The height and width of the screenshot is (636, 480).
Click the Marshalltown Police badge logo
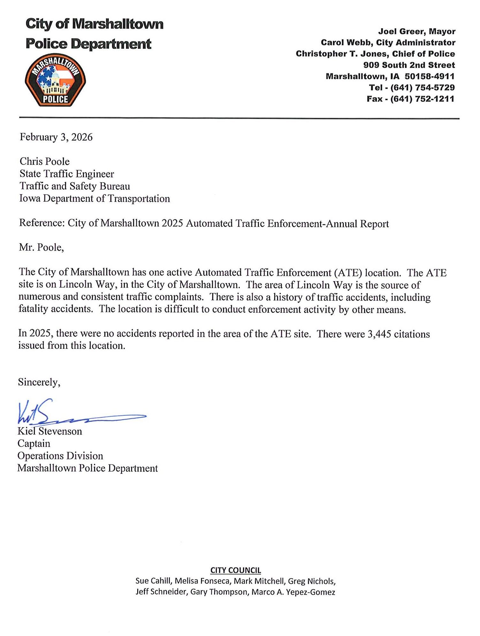(x=55, y=80)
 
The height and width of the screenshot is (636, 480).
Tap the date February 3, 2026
(x=56, y=137)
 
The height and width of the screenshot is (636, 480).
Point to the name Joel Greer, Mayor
(x=417, y=32)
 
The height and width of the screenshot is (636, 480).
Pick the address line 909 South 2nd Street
(x=409, y=65)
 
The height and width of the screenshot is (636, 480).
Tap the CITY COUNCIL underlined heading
(x=236, y=570)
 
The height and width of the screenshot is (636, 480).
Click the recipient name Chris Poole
(x=45, y=161)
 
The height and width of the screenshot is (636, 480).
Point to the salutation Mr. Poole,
(x=41, y=247)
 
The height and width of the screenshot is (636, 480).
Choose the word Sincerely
(x=39, y=382)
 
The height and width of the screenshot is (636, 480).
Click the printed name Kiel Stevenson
(x=50, y=431)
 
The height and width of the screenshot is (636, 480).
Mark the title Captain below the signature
(x=34, y=443)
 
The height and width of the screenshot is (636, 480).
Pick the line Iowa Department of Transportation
(x=94, y=198)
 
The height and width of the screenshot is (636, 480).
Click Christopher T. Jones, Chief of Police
(x=375, y=54)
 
